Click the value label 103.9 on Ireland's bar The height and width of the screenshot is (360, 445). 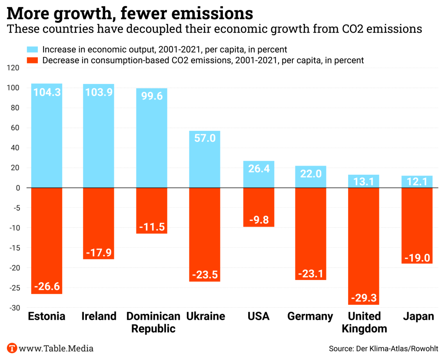coord(99,93)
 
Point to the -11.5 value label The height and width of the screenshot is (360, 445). coord(152,227)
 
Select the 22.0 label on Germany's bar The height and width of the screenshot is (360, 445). coord(311,174)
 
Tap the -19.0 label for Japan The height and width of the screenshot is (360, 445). coord(417,257)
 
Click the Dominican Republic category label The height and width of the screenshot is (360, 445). coord(153,322)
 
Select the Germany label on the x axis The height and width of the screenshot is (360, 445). coord(310,316)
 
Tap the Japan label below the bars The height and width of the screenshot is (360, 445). coord(418,316)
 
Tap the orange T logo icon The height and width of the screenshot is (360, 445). coord(12,348)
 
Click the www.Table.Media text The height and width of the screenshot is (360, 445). coord(56,348)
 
